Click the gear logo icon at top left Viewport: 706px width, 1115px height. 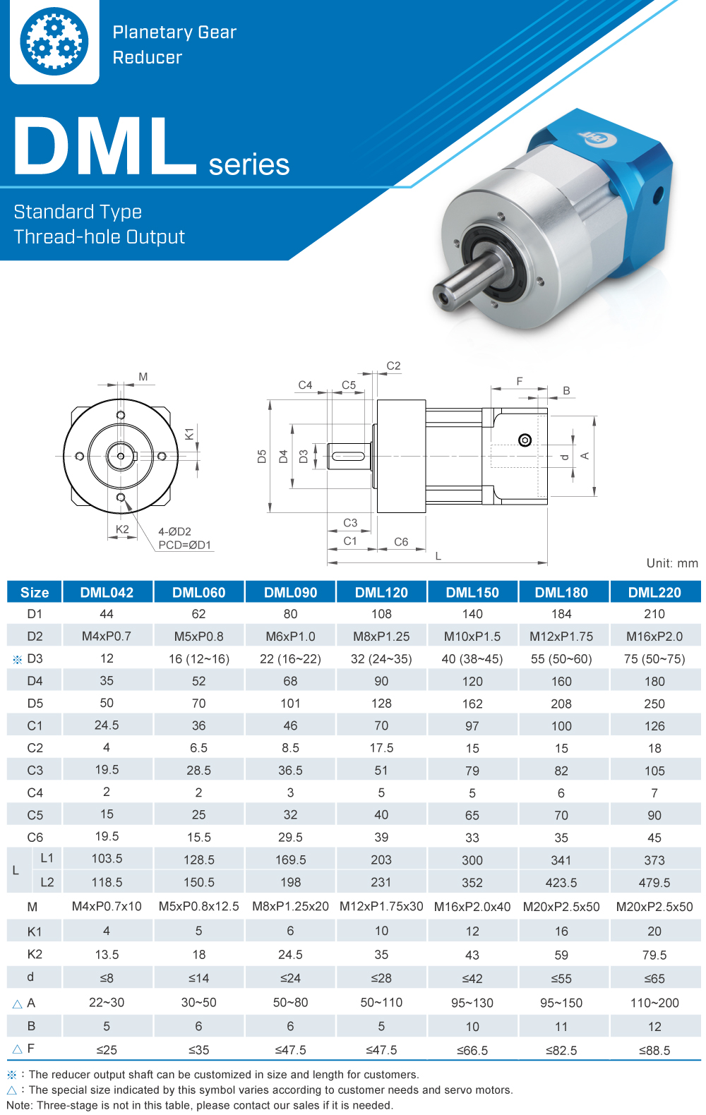54,42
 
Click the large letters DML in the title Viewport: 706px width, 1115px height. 104,146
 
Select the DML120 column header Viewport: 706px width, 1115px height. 381,592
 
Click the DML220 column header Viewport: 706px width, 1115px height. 654,592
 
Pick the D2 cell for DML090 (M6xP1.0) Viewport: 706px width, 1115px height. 290,636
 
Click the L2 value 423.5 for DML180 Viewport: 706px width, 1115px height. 561,882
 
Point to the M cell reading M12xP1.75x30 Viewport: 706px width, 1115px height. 381,906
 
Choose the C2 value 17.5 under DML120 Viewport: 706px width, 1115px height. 381,747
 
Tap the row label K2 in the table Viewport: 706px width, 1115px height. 35,954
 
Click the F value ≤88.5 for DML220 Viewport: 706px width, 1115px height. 654,1050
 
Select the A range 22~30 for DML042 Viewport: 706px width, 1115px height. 107,1002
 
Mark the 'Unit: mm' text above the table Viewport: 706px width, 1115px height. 671,563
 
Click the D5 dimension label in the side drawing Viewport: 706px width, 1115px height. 262,457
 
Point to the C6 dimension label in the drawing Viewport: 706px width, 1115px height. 401,542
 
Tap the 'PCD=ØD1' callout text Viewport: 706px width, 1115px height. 184,545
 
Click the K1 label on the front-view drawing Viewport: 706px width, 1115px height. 189,433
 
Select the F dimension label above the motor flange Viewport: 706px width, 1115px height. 520,381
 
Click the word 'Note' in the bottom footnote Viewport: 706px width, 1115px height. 18,1105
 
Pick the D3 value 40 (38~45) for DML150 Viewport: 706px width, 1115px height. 472,658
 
